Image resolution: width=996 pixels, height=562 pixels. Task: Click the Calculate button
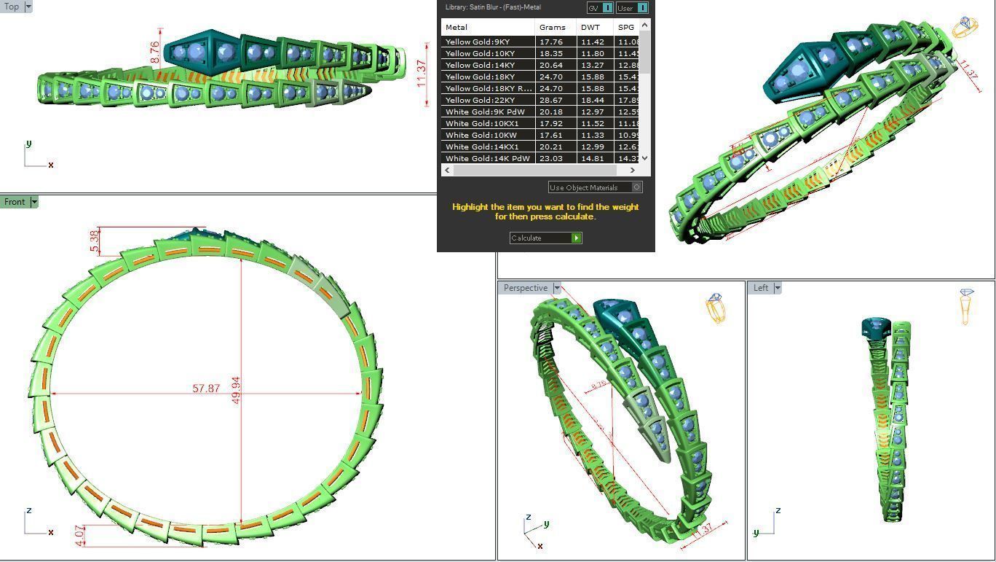(545, 238)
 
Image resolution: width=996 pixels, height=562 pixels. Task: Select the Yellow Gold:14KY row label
(480, 66)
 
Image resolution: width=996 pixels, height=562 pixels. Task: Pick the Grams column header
(553, 27)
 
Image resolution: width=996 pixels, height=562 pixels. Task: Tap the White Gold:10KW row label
(481, 136)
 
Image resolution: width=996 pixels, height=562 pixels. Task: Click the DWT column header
(590, 27)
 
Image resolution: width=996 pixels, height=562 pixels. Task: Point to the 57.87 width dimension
(206, 389)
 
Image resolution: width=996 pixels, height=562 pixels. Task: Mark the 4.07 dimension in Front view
(80, 535)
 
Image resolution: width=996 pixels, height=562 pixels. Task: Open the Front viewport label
(15, 202)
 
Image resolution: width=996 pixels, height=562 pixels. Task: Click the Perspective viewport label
(525, 288)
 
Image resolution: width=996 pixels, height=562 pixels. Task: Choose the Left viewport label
(760, 288)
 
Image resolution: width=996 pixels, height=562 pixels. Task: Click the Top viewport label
(12, 7)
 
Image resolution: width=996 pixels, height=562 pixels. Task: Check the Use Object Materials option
(636, 187)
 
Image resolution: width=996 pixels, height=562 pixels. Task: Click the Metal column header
(456, 27)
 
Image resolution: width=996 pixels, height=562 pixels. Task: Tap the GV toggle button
(599, 8)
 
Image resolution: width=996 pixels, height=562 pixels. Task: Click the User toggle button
(631, 8)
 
